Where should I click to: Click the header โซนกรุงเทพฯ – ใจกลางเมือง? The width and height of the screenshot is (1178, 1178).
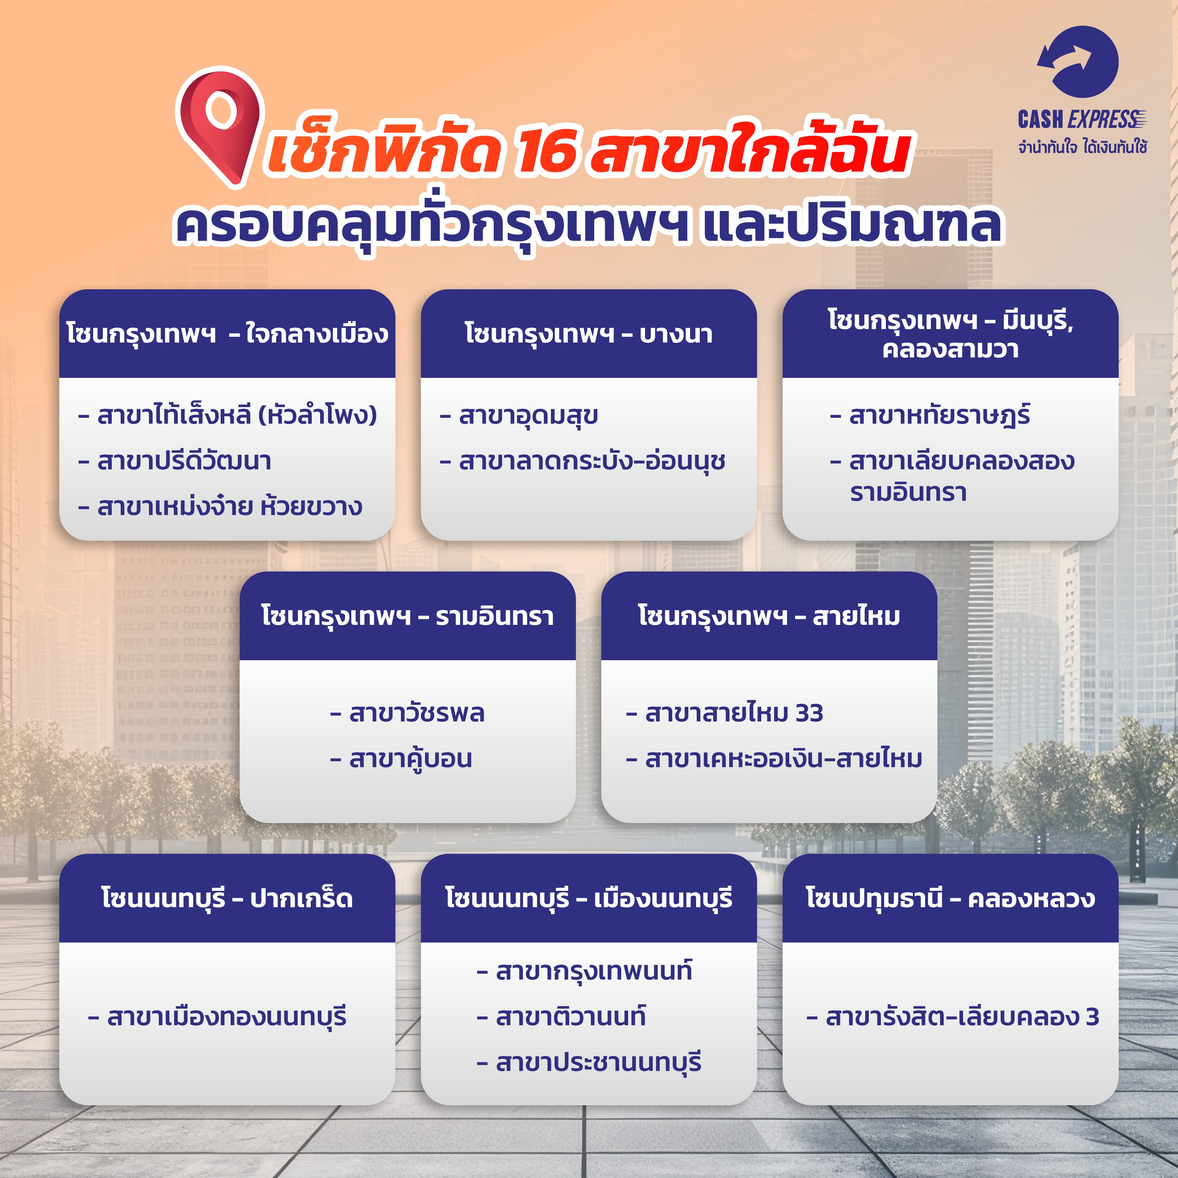pos(227,334)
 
